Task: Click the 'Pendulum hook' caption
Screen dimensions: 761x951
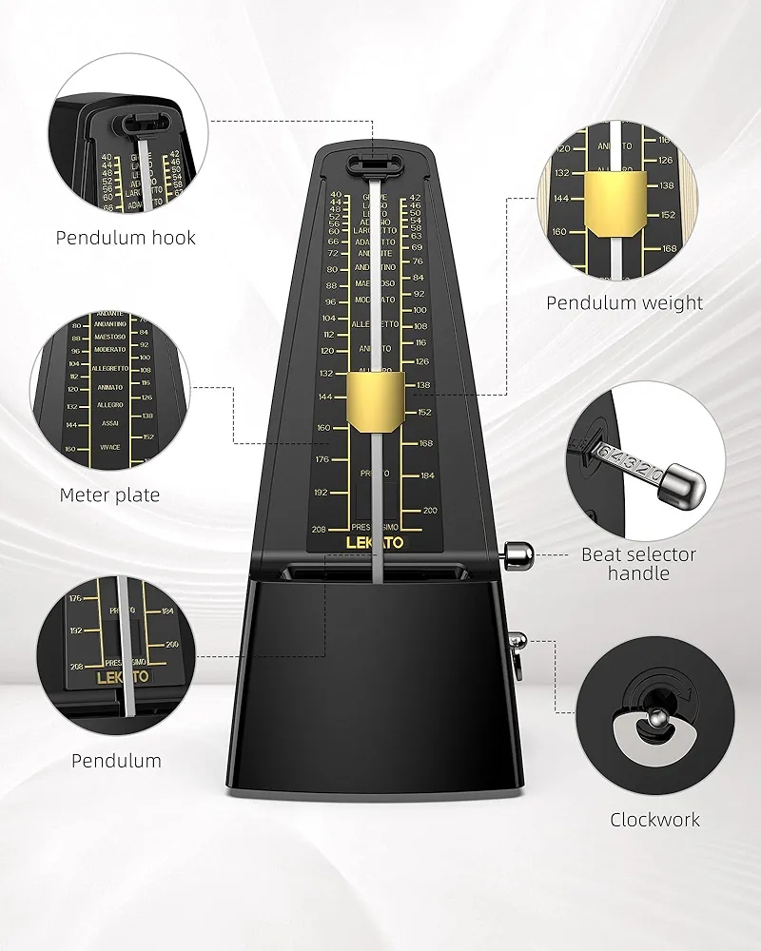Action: pos(126,238)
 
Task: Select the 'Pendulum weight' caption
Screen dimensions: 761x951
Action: pos(624,303)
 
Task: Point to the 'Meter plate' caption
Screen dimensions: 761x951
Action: pos(109,495)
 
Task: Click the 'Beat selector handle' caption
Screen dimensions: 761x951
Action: pos(639,564)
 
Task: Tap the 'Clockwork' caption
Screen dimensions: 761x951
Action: pos(654,819)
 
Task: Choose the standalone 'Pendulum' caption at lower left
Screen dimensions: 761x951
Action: pos(116,760)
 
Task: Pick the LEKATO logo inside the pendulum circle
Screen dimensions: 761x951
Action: pos(121,679)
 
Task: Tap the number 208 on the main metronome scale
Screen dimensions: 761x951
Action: pos(320,530)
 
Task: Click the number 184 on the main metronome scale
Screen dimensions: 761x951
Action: pos(427,475)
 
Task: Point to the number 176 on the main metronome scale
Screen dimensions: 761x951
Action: pos(322,460)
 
